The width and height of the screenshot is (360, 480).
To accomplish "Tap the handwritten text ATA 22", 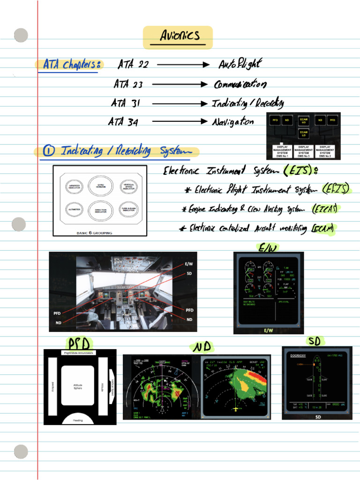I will [x=133, y=65].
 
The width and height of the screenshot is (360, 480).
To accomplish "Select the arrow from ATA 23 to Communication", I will [x=179, y=84].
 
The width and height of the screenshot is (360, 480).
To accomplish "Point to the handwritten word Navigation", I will [x=233, y=122].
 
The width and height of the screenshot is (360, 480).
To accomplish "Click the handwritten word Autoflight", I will [x=240, y=64].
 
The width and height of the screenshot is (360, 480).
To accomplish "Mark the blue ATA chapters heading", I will [x=70, y=65].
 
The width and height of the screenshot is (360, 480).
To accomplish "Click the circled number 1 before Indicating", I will [x=48, y=151].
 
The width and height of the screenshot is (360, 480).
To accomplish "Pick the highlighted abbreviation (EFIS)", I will [x=336, y=189].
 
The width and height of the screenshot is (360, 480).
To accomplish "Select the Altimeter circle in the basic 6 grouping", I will [x=75, y=210].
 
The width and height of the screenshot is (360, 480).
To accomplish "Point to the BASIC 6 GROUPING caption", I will [x=94, y=232].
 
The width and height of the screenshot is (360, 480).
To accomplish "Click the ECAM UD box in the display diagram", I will [x=303, y=120].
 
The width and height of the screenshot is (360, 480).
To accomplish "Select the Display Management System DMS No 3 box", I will [x=303, y=151].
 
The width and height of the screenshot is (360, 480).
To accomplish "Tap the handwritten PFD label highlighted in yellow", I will [x=79, y=343].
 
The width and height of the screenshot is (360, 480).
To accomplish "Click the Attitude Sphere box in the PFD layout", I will [x=78, y=386].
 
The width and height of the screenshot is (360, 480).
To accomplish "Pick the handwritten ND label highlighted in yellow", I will [x=202, y=347].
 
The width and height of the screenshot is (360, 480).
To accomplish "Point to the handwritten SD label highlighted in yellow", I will [x=315, y=340].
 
